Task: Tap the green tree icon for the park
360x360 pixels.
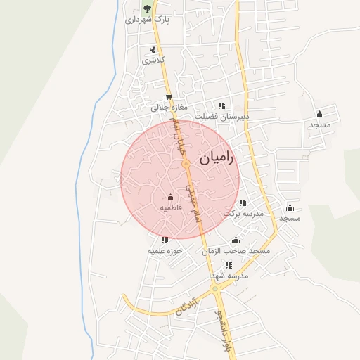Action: [147, 9]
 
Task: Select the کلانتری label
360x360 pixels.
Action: [153, 60]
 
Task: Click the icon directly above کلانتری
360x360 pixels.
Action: [153, 49]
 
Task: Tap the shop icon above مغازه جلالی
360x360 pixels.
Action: [168, 98]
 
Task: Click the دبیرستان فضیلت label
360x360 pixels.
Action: [221, 117]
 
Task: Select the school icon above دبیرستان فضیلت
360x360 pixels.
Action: [221, 105]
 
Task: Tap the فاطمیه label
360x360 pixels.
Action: [171, 208]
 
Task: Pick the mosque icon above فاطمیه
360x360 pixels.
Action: [171, 197]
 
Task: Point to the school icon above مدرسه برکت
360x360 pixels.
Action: [243, 202]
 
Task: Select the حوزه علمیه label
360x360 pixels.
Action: [165, 250]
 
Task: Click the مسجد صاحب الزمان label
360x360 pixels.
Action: [236, 251]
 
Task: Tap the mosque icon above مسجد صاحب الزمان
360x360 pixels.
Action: [236, 240]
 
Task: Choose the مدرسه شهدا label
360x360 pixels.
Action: [229, 276]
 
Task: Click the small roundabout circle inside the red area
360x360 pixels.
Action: [186, 164]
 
